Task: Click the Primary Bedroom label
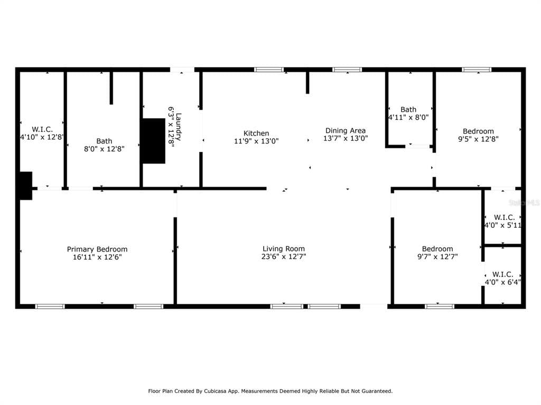pyautogui.click(x=97, y=249)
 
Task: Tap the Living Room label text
pyautogui.click(x=284, y=248)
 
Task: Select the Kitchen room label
pyautogui.click(x=256, y=133)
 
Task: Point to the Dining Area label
pyautogui.click(x=345, y=130)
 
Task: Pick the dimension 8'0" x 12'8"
pyautogui.click(x=104, y=149)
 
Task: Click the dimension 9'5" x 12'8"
pyautogui.click(x=478, y=139)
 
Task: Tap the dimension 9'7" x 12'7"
pyautogui.click(x=437, y=257)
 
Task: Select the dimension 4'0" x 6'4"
pyautogui.click(x=503, y=282)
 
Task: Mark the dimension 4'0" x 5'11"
pyautogui.click(x=503, y=225)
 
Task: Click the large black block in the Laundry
pyautogui.click(x=153, y=140)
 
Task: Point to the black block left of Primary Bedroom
pyautogui.click(x=25, y=186)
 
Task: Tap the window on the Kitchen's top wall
pyautogui.click(x=269, y=70)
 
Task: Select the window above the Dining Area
pyautogui.click(x=347, y=70)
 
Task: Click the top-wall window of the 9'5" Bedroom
pyautogui.click(x=477, y=70)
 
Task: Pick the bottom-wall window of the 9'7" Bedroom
pyautogui.click(x=440, y=306)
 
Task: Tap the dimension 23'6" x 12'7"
pyautogui.click(x=284, y=257)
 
